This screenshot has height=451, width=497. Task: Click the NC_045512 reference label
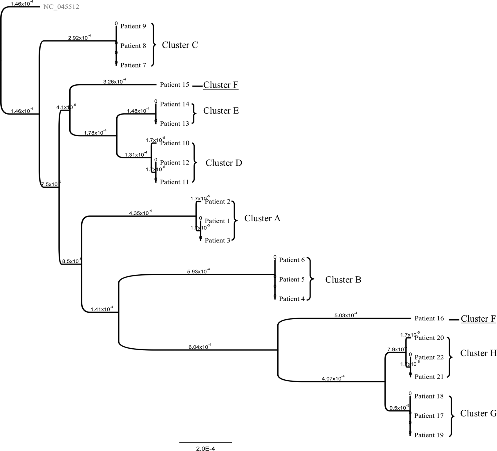pyautogui.click(x=61, y=7)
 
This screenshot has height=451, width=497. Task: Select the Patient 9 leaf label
pyautogui.click(x=133, y=26)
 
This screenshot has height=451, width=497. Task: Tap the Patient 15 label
pyautogui.click(x=174, y=85)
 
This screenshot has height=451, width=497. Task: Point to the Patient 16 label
pyautogui.click(x=429, y=318)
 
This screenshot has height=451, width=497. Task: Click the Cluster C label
pyautogui.click(x=180, y=45)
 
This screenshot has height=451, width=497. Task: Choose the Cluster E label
pyautogui.click(x=221, y=111)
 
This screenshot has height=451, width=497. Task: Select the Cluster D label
pyautogui.click(x=224, y=163)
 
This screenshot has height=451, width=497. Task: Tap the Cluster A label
pyautogui.click(x=262, y=218)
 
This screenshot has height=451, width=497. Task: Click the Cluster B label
pyautogui.click(x=343, y=280)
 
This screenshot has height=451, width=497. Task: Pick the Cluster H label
pyautogui.click(x=478, y=353)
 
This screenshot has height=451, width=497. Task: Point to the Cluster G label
pyautogui.click(x=478, y=413)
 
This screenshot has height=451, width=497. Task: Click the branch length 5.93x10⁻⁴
pyautogui.click(x=198, y=271)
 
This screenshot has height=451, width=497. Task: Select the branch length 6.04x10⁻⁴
pyautogui.click(x=200, y=347)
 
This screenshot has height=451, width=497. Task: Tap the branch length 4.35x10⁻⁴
pyautogui.click(x=140, y=213)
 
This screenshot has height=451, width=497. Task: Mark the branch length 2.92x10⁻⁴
pyautogui.click(x=79, y=38)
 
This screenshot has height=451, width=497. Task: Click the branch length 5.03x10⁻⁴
pyautogui.click(x=346, y=315)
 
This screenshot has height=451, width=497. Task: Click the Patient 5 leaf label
pyautogui.click(x=292, y=280)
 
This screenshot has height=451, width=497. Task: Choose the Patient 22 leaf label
pyautogui.click(x=429, y=357)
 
